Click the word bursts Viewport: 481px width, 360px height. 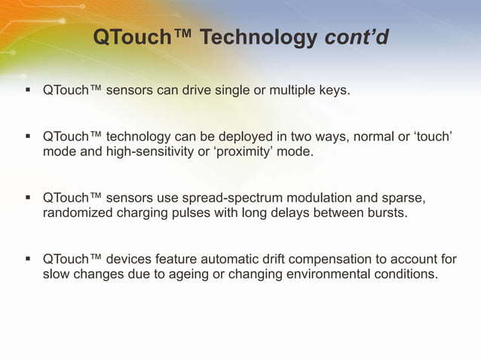point(384,214)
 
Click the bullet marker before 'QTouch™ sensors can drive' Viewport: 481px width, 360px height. point(27,91)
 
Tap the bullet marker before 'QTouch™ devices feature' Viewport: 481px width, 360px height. point(27,260)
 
